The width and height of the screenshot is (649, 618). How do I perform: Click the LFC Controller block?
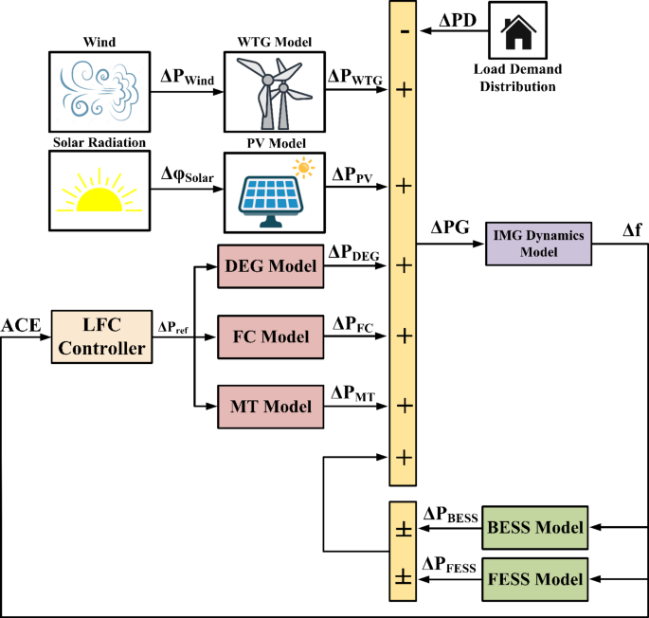pyautogui.click(x=99, y=337)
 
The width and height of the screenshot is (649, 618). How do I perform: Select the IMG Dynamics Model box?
pyautogui.click(x=537, y=244)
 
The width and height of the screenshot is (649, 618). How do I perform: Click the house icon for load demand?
pyautogui.click(x=516, y=33)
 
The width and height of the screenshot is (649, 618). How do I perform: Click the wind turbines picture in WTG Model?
pyautogui.click(x=274, y=92)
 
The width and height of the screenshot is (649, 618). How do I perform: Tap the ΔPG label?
pyautogui.click(x=448, y=228)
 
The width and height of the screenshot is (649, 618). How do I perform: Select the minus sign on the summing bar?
pyautogui.click(x=405, y=31)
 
